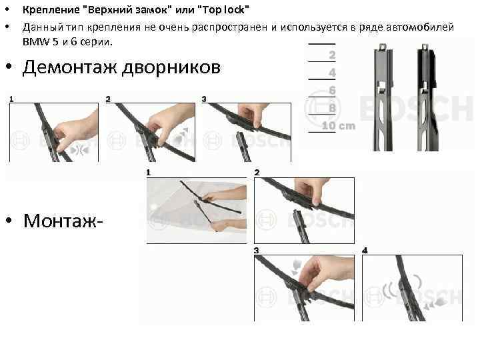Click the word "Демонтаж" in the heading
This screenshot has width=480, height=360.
(x=69, y=67)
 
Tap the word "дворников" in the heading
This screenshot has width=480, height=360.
(x=171, y=67)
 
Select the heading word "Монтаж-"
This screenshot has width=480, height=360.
(x=63, y=221)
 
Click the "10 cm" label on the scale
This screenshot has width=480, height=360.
(x=339, y=125)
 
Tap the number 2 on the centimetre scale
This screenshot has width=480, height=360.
(x=332, y=55)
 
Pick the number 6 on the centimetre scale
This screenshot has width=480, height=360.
(x=332, y=90)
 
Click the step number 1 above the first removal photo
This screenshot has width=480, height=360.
(x=11, y=99)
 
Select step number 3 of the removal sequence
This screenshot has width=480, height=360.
(x=204, y=99)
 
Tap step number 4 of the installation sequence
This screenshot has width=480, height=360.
(x=365, y=251)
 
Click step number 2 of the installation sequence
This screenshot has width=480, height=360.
(x=257, y=173)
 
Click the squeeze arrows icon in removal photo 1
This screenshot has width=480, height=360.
(x=79, y=150)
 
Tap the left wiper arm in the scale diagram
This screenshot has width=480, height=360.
(x=383, y=97)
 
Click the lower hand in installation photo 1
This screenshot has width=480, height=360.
(x=229, y=225)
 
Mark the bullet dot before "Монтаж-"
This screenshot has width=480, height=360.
(x=9, y=220)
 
